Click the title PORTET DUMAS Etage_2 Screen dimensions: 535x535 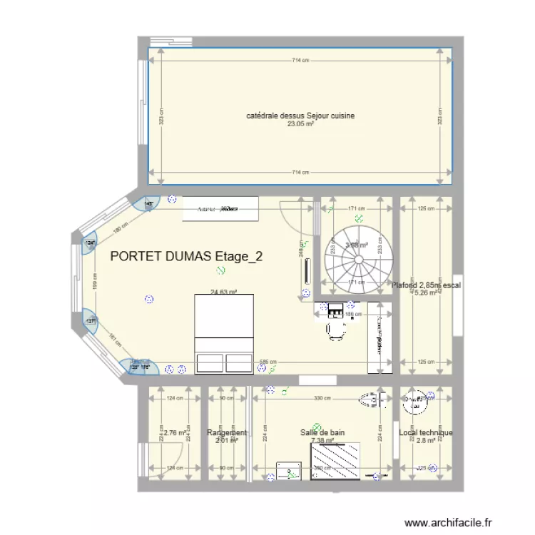186,257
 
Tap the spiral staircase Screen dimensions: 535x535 355,253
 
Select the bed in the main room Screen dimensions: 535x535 224,332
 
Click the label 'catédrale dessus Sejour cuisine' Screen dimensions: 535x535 300,116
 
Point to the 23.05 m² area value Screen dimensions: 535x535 300,123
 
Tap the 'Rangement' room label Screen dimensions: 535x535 227,433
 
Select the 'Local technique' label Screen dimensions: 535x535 426,432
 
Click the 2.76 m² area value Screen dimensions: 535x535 175,432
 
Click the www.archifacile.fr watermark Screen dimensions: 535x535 449,523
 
